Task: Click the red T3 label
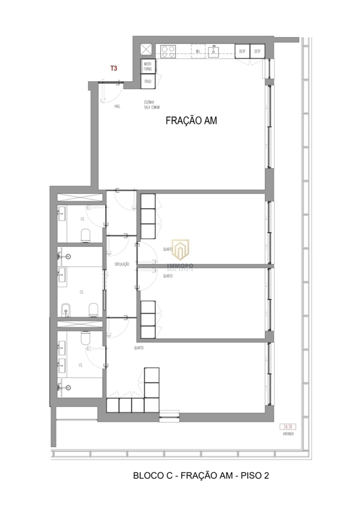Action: pos(114,68)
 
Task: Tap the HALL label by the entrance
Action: pos(117,106)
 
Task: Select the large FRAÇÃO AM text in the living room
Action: pos(191,120)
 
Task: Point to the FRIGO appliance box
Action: pos(148,82)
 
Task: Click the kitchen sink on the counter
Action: pos(214,51)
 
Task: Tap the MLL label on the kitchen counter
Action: pos(198,51)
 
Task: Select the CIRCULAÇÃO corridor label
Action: pos(122,264)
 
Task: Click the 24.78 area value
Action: pos(286,427)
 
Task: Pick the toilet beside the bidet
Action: pos(93,310)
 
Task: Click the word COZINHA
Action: pos(149,102)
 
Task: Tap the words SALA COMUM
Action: pos(152,107)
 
